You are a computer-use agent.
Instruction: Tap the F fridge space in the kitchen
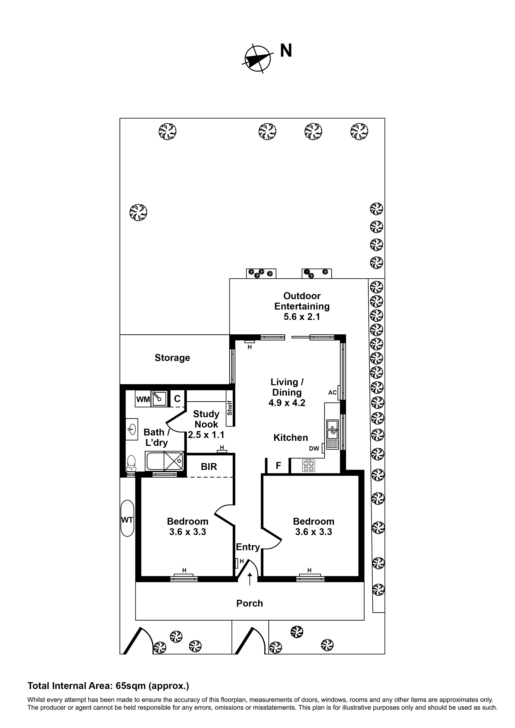[x=278, y=466]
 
